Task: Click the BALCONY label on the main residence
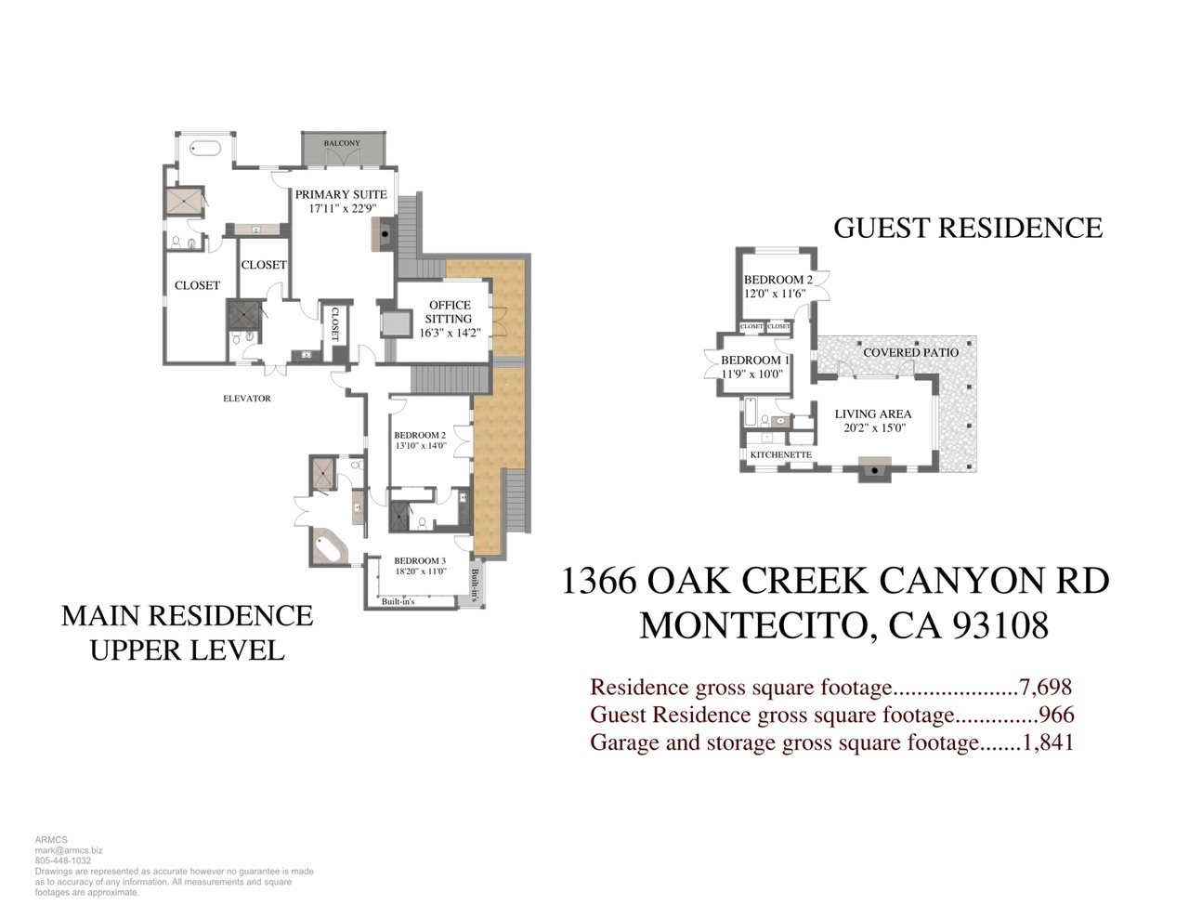342,143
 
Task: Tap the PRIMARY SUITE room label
341,194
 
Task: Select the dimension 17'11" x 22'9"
343,208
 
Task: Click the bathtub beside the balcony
205,148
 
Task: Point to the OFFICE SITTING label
450,311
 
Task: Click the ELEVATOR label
247,399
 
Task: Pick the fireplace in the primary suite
384,234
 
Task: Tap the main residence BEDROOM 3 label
420,560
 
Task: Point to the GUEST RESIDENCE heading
967,228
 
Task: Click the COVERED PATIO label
910,352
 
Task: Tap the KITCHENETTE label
781,454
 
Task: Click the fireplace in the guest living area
874,469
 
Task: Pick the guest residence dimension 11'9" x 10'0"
752,374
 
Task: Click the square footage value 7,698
1045,687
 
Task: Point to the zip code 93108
1000,625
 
